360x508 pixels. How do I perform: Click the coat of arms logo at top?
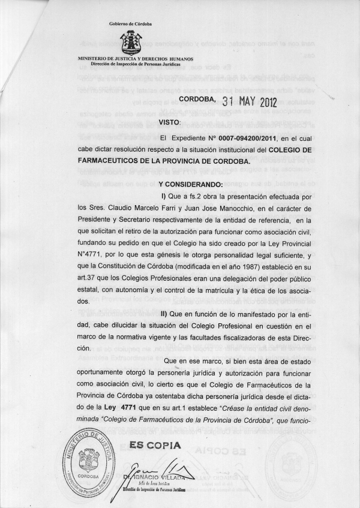point(131,43)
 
